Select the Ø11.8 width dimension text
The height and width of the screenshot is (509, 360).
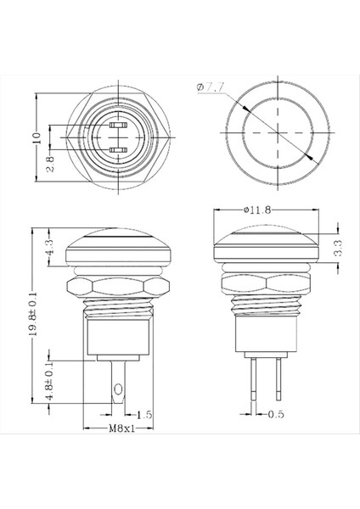[256, 209]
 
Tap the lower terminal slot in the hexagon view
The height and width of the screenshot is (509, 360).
[119, 150]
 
